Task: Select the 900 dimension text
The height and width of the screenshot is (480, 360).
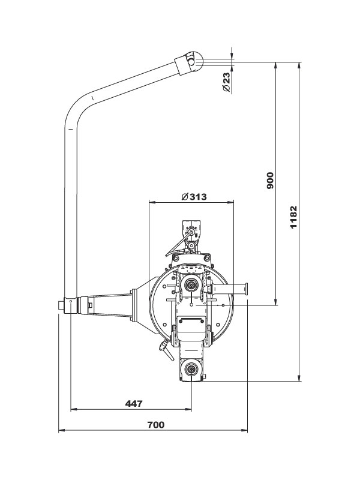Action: (270, 181)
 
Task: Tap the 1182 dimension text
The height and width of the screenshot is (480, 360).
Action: (293, 217)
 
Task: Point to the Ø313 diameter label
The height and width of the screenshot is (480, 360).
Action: (191, 196)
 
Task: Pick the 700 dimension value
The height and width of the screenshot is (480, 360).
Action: (155, 424)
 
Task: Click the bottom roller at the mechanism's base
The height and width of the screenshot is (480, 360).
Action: (191, 370)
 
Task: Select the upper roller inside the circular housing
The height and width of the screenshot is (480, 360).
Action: (191, 285)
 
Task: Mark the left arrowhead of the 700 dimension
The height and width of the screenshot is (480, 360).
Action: (61, 430)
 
